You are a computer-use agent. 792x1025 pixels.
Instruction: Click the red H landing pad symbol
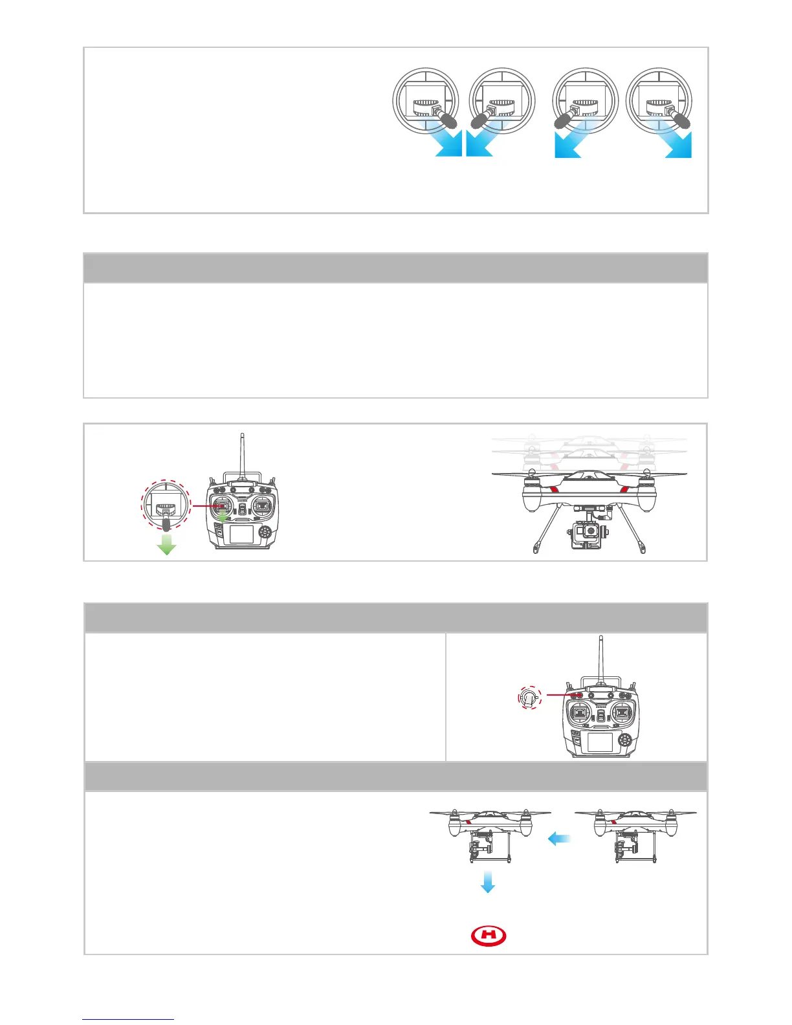point(489,936)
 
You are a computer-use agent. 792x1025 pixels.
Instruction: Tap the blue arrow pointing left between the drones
point(559,839)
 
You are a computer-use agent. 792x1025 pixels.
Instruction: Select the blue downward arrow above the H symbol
point(488,881)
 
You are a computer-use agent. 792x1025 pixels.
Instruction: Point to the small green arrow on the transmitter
point(222,516)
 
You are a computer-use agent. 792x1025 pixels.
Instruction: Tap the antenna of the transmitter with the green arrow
point(241,453)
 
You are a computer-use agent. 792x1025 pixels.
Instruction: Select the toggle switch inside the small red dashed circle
point(530,698)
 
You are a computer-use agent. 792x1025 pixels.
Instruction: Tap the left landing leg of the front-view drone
point(542,531)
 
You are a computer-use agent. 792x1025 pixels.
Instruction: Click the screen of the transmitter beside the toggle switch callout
point(600,743)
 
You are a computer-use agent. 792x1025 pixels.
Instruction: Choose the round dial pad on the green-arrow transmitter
point(265,532)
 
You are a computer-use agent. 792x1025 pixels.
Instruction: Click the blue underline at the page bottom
point(128,1020)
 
